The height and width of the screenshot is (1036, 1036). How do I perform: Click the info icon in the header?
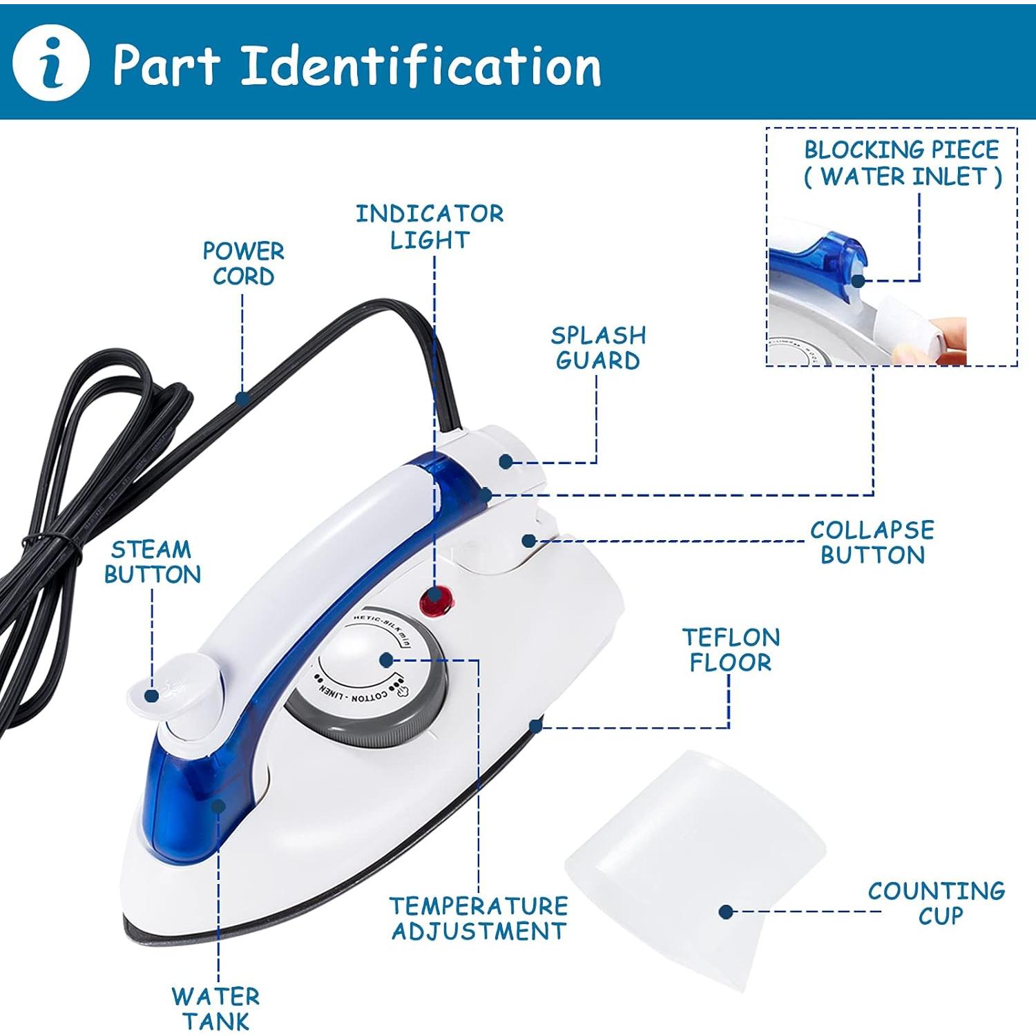(51, 64)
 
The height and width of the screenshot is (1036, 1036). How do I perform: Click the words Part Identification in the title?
(356, 65)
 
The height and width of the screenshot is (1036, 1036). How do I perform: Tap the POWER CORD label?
(243, 263)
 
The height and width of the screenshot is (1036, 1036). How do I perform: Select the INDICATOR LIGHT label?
(430, 227)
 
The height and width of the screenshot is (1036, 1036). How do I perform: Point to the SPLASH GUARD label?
(598, 347)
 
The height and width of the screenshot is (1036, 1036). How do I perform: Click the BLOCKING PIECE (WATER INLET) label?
(902, 163)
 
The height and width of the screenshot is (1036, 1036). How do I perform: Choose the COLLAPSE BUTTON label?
(872, 542)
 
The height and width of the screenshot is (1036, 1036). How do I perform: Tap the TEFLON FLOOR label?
(731, 649)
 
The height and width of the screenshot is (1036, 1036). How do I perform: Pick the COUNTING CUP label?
(937, 903)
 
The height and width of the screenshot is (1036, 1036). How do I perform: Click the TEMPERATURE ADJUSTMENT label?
(479, 918)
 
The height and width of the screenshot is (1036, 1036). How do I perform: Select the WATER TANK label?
(216, 1008)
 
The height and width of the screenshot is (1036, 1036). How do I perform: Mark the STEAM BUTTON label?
(152, 562)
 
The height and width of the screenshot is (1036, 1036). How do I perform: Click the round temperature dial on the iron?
(366, 680)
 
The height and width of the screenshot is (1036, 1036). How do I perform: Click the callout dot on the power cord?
(242, 399)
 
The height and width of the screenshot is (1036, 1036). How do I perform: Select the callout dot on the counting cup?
(725, 912)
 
